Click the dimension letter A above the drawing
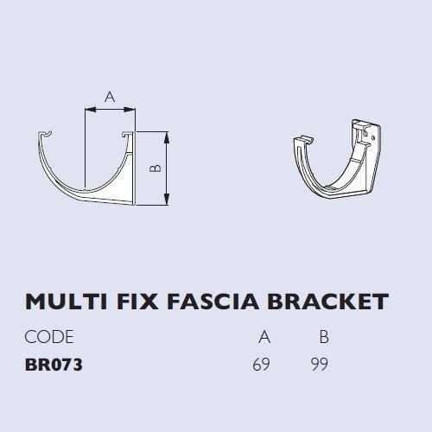110,97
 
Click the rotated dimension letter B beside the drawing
156,168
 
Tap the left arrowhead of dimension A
90,110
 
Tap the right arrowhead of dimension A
130,110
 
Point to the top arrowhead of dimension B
167,137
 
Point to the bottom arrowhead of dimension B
167,200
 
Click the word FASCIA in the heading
213,302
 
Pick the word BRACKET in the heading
328,302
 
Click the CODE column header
49,337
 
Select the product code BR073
54,365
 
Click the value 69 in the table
262,365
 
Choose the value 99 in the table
320,365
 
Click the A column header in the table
264,337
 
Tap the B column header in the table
324,337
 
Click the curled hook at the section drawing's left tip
46,134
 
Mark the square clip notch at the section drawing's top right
126,135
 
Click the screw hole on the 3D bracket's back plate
365,134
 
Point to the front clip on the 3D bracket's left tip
304,140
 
